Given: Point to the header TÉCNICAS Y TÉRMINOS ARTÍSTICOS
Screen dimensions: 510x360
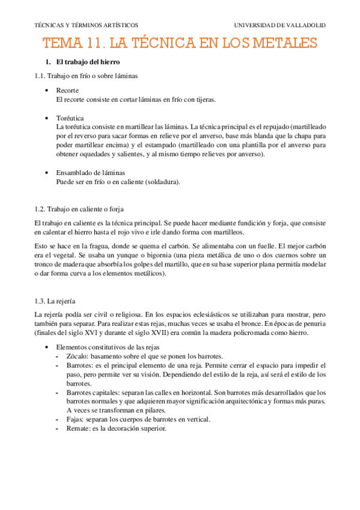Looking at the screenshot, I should [87, 25].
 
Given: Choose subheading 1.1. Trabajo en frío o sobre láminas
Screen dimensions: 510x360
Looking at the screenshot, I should [86, 76].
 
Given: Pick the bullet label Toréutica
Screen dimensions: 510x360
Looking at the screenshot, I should [70, 118].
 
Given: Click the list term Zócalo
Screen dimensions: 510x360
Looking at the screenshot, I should [78, 356].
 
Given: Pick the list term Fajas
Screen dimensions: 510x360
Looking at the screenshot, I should [75, 419].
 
